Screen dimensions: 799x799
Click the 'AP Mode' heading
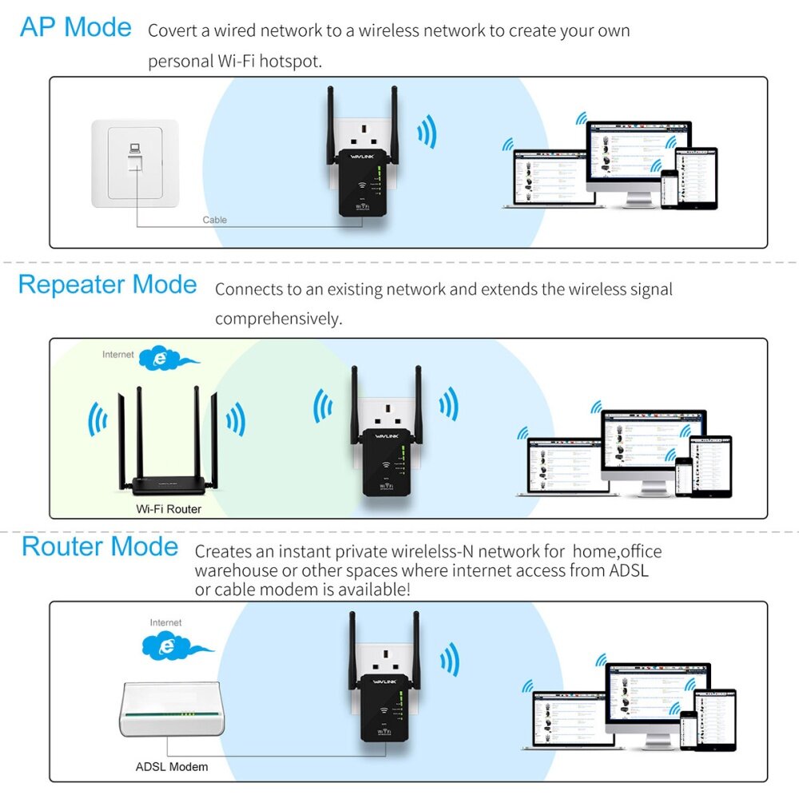pyautogui.click(x=76, y=27)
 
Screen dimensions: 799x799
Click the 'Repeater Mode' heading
pyautogui.click(x=107, y=284)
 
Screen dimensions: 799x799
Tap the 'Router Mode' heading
pyautogui.click(x=100, y=547)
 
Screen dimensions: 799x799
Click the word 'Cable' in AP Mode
pyautogui.click(x=214, y=220)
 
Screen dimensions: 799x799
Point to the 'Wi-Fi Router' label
pyautogui.click(x=169, y=508)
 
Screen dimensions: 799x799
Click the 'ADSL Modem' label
pyautogui.click(x=171, y=767)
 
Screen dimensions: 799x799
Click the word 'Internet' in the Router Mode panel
pyautogui.click(x=165, y=622)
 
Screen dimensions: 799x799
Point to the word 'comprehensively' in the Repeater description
pyautogui.click(x=278, y=318)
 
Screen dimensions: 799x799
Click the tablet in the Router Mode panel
pyautogui.click(x=714, y=719)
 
